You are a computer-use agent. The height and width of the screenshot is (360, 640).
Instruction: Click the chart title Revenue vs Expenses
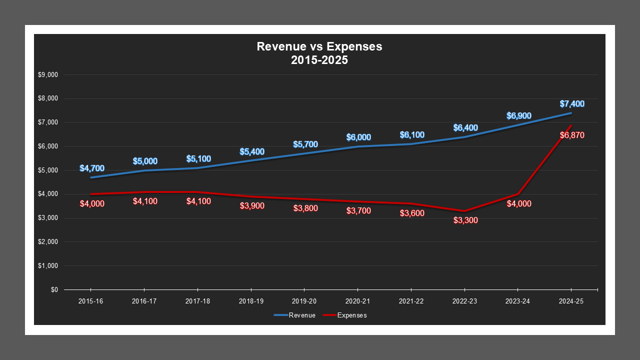pos(319,46)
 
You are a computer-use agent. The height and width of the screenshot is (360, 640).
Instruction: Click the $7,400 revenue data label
pos(572,104)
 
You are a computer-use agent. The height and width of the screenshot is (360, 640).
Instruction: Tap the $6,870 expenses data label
pos(572,135)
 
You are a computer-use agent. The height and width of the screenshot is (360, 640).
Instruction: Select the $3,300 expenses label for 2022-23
pos(465,220)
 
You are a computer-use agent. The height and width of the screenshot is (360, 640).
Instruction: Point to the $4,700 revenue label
pos(92,168)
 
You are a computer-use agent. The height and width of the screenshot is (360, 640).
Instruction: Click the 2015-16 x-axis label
pos(91,301)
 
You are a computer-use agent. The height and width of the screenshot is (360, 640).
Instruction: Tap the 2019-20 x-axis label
pos(304,301)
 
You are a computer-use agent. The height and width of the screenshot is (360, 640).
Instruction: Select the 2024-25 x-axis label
pos(571,301)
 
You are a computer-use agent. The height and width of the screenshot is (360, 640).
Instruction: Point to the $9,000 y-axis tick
pos(48,75)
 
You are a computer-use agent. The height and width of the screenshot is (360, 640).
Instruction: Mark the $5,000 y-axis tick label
pos(48,170)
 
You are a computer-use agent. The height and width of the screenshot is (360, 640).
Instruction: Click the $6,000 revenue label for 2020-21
pos(358,137)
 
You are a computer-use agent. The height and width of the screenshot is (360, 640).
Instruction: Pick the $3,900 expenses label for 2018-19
pos(252,205)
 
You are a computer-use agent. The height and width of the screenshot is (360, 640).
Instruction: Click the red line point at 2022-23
pos(464,211)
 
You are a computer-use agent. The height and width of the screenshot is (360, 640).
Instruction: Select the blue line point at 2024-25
pos(571,113)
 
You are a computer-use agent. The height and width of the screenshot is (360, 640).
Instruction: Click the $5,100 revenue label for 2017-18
pos(198,158)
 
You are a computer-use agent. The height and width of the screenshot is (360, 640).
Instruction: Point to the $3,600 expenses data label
pos(412,213)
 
